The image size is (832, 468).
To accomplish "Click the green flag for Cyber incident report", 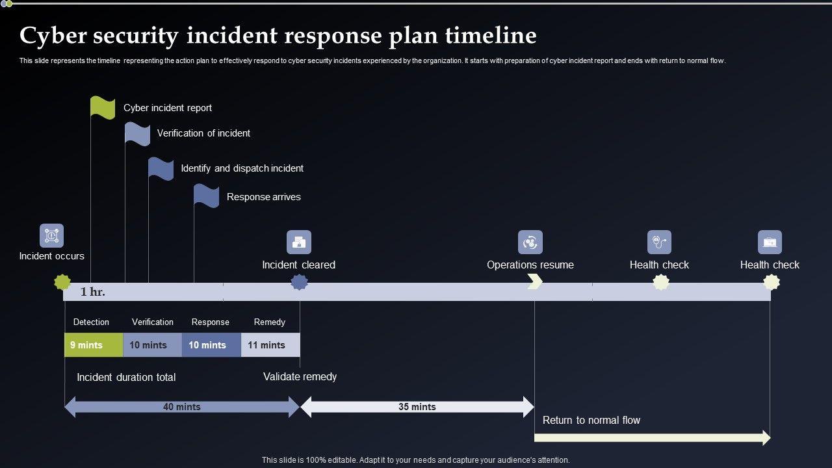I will point(103,107).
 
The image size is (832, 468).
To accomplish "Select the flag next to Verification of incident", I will point(137,133).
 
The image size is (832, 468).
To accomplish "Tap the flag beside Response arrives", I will point(207,196).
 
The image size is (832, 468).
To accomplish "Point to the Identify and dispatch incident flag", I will point(161,168).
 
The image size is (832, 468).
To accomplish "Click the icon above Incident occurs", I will point(51,236).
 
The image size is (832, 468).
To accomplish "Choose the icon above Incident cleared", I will point(299,242).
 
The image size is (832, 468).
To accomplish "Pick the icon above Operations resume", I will point(530,242).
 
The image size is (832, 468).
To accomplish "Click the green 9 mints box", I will point(94,345).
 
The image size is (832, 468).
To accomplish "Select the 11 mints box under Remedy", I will point(270,345).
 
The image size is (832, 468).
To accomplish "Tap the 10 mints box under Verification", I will point(152,345).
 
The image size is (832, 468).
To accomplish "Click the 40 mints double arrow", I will point(182,407).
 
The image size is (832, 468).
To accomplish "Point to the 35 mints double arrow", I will point(417,407).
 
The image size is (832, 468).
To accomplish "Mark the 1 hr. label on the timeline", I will point(93,292).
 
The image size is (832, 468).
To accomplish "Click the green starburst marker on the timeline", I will point(62,282).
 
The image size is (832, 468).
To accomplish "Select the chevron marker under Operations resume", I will point(535,281).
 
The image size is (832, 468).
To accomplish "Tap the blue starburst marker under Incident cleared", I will point(299,282).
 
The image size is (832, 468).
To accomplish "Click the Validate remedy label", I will point(300,376).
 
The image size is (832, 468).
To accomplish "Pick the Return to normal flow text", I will point(591,420).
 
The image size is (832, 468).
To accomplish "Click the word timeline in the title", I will point(491,35).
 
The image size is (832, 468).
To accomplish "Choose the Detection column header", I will point(91,322).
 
